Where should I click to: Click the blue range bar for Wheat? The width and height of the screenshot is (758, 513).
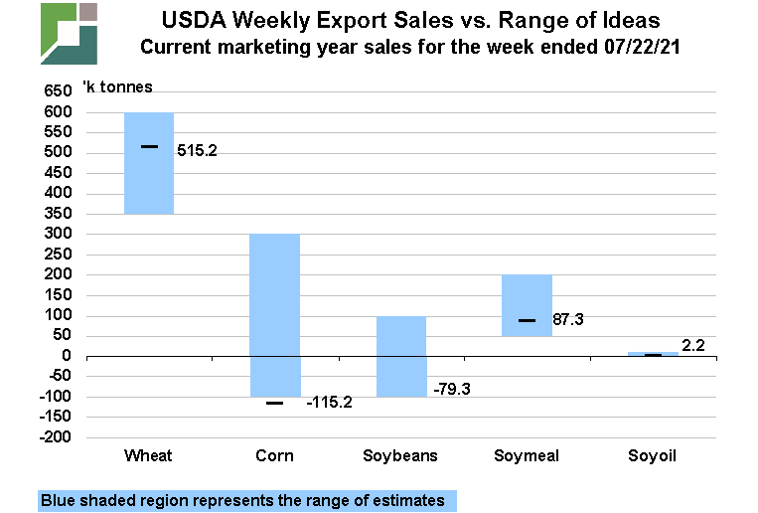pyautogui.click(x=149, y=179)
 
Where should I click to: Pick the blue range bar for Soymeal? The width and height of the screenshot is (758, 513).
pyautogui.click(x=528, y=298)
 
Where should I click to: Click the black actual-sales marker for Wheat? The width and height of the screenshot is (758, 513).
pyautogui.click(x=149, y=147)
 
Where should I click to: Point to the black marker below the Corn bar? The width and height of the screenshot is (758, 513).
pyautogui.click(x=275, y=403)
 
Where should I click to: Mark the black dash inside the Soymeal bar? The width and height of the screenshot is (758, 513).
pyautogui.click(x=528, y=320)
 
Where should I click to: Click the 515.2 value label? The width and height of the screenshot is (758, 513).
pyautogui.click(x=197, y=151)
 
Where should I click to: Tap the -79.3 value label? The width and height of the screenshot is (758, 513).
pyautogui.click(x=451, y=388)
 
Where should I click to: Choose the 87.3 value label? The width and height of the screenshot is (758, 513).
pyautogui.click(x=567, y=320)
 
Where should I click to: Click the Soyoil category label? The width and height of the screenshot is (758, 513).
pyautogui.click(x=653, y=456)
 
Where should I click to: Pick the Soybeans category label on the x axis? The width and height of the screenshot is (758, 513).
pyautogui.click(x=400, y=456)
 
